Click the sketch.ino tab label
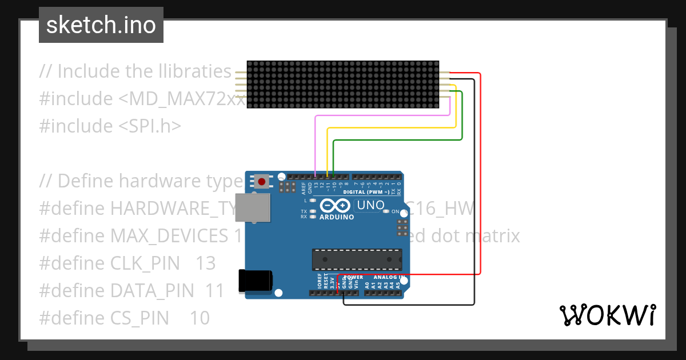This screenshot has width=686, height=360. [x=101, y=25]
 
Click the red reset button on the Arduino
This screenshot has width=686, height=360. [x=262, y=182]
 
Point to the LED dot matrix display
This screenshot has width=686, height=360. [x=343, y=84]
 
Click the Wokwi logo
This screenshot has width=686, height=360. [x=607, y=315]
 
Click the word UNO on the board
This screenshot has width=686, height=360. [x=370, y=205]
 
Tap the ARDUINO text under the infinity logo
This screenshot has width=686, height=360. [x=337, y=217]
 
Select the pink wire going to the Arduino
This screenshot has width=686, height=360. [x=316, y=143]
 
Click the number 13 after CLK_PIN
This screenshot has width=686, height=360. [x=205, y=263]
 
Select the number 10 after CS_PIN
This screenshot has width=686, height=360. [x=200, y=318]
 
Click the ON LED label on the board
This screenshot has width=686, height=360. [x=395, y=212]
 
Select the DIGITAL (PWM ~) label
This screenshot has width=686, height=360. [x=366, y=193]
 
